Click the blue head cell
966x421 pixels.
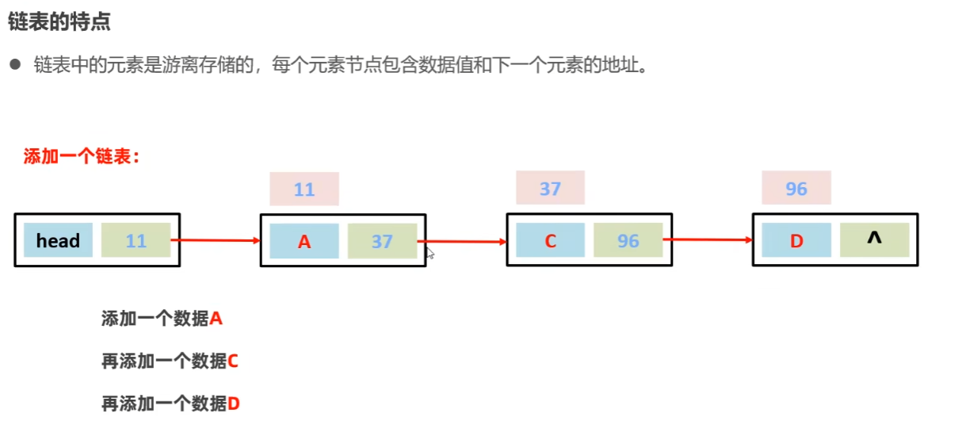[x=58, y=240]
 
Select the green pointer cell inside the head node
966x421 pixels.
[x=136, y=240]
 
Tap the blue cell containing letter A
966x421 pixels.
[x=304, y=241]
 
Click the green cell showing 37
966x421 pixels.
[x=382, y=241]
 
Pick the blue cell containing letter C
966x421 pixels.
[x=550, y=240]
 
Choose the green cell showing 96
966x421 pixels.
[x=628, y=240]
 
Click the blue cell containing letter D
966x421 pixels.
[x=796, y=240]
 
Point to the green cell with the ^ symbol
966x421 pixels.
[x=874, y=239]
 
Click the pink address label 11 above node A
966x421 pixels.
[x=304, y=189]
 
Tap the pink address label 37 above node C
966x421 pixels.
[x=550, y=189]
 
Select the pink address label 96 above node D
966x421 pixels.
[x=796, y=189]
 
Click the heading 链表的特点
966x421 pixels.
[x=59, y=22]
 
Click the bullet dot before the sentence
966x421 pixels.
[x=14, y=65]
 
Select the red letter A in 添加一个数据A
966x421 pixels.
[x=216, y=319]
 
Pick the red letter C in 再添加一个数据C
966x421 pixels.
[x=233, y=362]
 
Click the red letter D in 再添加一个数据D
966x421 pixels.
[x=234, y=404]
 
